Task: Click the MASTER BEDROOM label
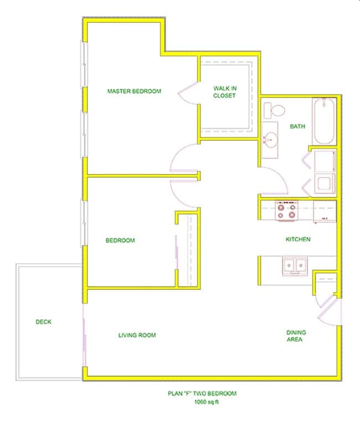click(x=134, y=91)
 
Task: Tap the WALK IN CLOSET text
click(x=224, y=92)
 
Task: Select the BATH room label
click(x=297, y=126)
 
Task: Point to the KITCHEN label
click(x=297, y=239)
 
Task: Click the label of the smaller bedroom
click(x=120, y=241)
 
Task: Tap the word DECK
click(x=43, y=322)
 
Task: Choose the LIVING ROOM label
click(x=137, y=335)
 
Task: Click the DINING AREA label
click(x=296, y=336)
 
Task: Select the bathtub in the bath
click(x=323, y=121)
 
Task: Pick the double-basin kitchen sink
click(x=294, y=266)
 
